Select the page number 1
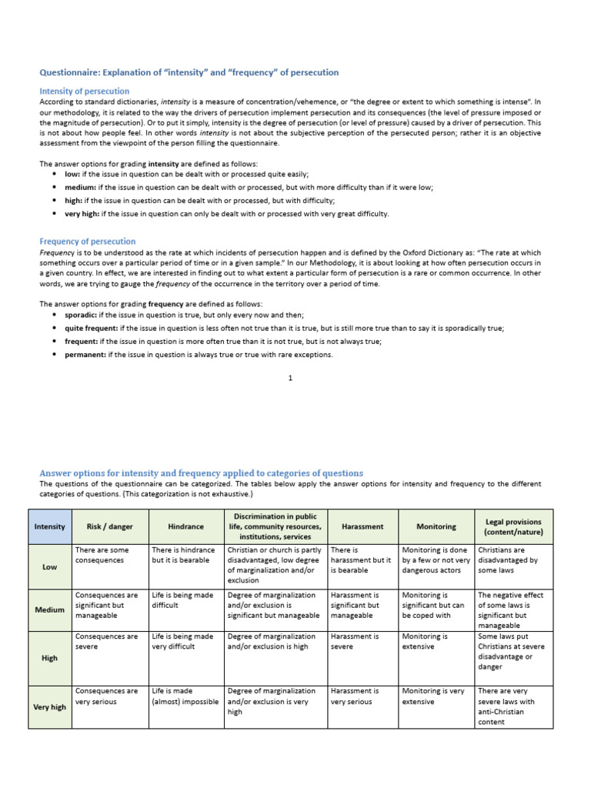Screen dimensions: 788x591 click(290, 378)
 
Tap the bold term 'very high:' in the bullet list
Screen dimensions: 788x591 click(82, 214)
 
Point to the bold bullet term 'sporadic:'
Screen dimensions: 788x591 click(80, 316)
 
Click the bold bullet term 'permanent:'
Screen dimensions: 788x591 click(85, 355)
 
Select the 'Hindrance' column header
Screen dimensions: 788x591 click(185, 526)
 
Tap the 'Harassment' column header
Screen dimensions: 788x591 click(362, 526)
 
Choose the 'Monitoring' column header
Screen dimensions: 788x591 click(436, 526)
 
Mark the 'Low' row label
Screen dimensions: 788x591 click(50, 566)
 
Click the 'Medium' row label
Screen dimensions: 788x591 click(50, 609)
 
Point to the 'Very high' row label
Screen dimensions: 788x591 click(50, 706)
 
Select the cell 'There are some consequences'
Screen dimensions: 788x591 click(100, 555)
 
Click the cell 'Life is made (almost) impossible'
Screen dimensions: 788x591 click(185, 696)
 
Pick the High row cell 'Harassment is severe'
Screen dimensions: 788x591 click(355, 642)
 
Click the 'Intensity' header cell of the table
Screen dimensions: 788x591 click(50, 526)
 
